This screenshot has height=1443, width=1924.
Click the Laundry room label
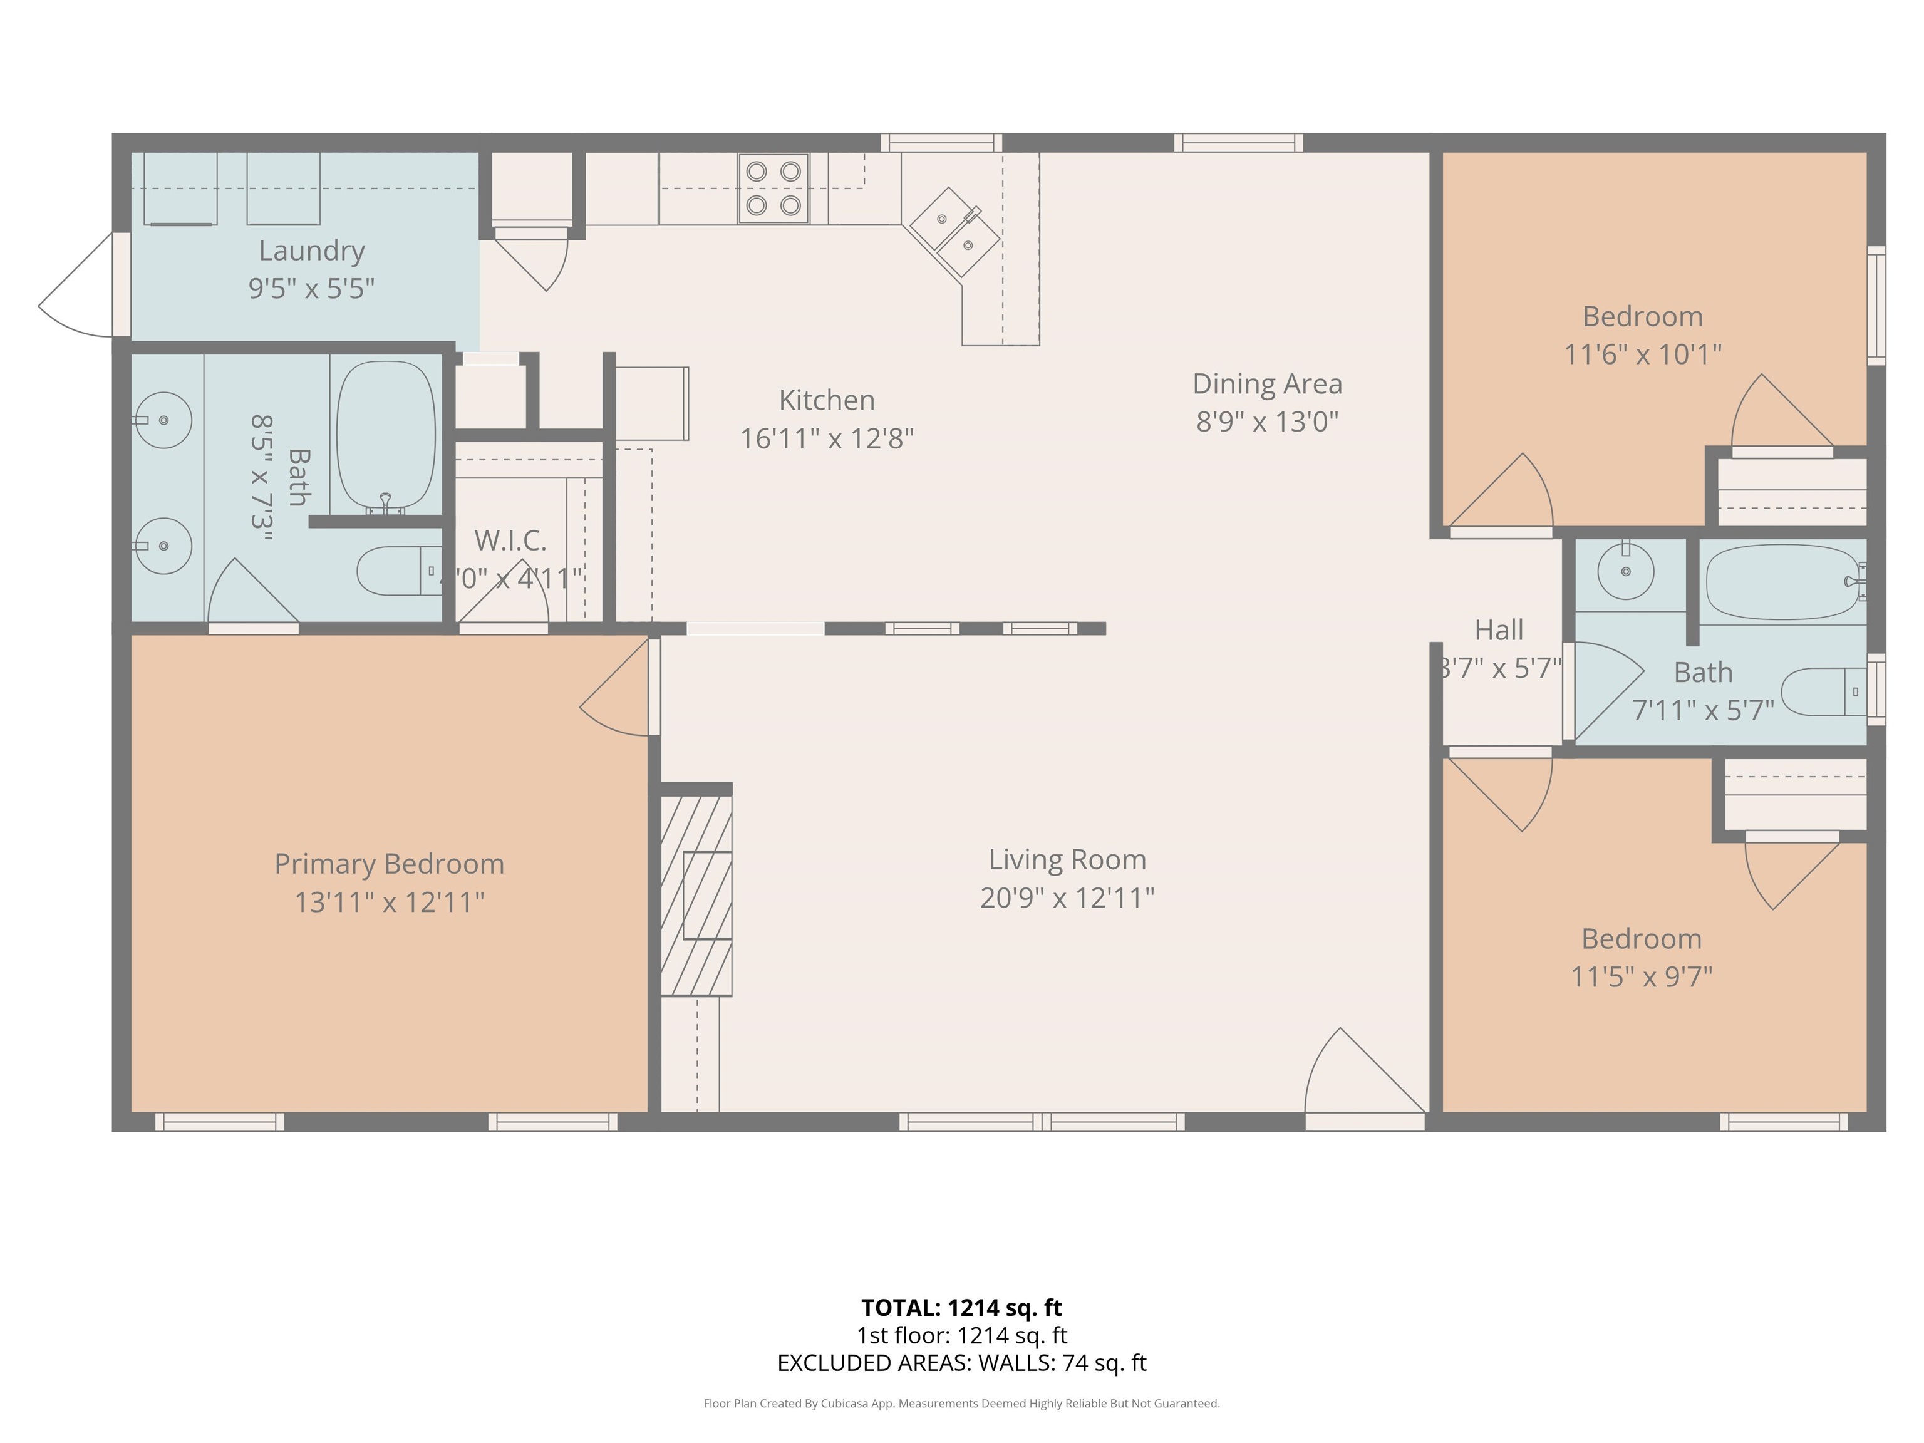coord(311,251)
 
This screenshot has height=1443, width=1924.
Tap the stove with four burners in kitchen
coord(773,188)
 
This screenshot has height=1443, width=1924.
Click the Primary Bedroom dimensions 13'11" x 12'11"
coord(389,902)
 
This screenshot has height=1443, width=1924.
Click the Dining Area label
coord(1266,383)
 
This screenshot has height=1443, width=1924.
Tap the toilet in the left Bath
coord(398,571)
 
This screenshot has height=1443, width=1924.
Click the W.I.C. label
coord(510,540)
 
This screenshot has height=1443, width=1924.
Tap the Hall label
coord(1499,629)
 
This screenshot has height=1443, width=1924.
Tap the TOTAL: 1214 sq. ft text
coord(961,1307)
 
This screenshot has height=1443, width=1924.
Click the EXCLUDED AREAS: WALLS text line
coord(961,1363)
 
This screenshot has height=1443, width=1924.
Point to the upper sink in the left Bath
coord(163,420)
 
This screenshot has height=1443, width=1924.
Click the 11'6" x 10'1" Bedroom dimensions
coord(1642,354)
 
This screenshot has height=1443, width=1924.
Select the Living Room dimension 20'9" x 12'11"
coord(1067,897)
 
